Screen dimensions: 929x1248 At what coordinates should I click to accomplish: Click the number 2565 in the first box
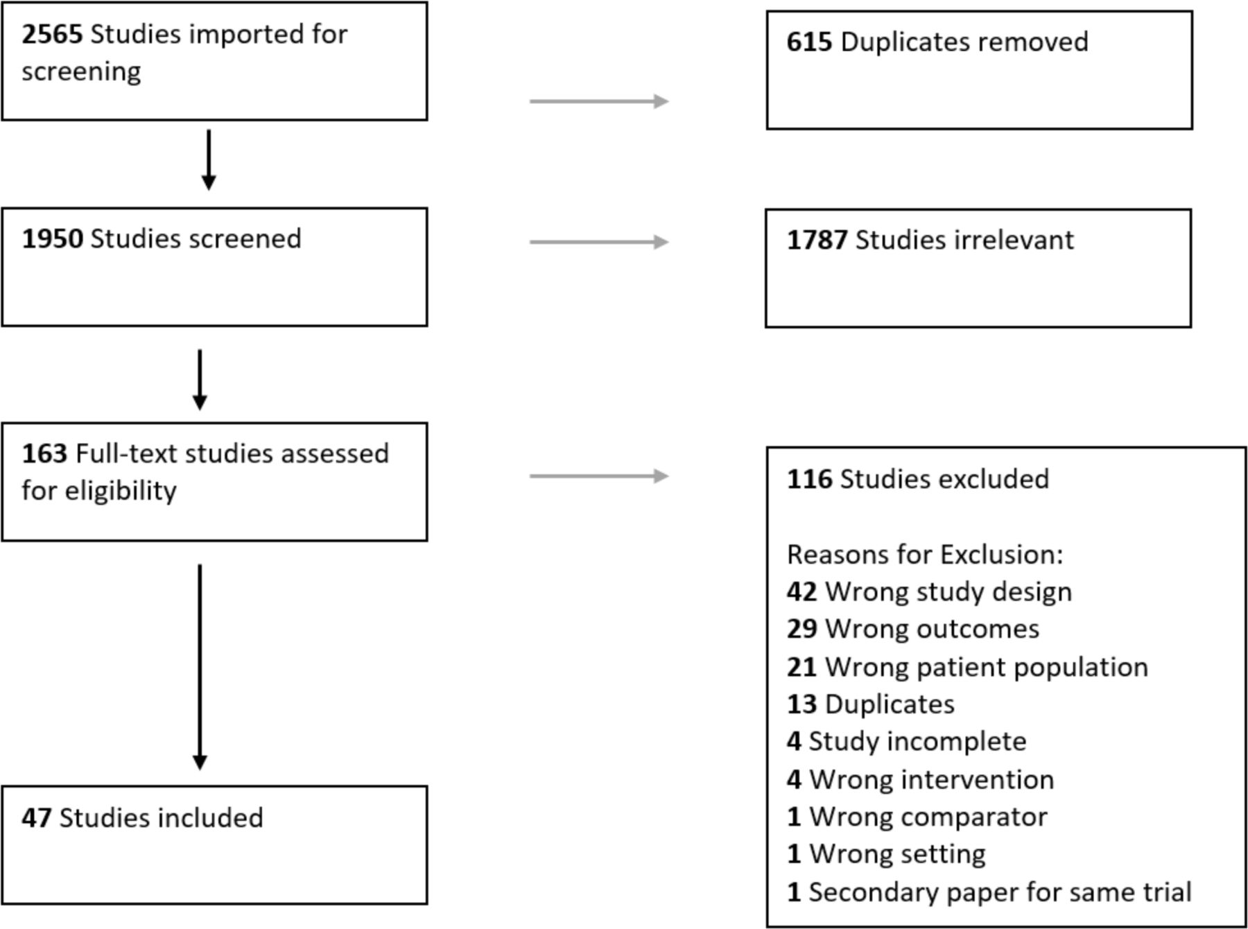[52, 34]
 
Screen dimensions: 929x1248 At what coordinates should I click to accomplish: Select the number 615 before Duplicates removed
[808, 42]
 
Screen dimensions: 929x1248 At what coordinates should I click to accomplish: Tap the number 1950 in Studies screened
[52, 238]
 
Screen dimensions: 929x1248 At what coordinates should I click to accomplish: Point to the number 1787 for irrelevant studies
[816, 241]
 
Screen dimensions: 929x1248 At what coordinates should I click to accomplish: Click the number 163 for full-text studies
[44, 453]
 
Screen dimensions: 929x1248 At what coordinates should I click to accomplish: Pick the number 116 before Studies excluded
[808, 479]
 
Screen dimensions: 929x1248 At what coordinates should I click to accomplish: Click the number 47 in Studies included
[36, 818]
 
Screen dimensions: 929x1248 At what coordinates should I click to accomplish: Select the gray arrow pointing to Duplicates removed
[598, 101]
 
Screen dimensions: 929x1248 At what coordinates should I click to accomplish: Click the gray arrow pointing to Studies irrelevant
[598, 242]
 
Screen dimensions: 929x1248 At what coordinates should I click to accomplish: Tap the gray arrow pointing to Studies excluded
[598, 476]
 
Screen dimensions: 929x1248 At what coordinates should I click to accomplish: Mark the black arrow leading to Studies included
[200, 666]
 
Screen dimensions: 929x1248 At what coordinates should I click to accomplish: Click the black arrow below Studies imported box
[208, 159]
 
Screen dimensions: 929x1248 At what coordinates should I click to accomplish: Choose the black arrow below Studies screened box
[200, 379]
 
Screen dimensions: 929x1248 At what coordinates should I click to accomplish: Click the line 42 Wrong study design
[929, 592]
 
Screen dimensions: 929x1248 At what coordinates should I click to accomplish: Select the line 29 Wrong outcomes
[912, 630]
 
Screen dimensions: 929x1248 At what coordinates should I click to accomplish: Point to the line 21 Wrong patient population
[967, 667]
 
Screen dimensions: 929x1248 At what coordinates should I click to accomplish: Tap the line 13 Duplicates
[870, 704]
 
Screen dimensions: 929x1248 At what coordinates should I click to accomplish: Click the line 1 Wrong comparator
[917, 817]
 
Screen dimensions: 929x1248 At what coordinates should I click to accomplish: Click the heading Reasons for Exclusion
[924, 555]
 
